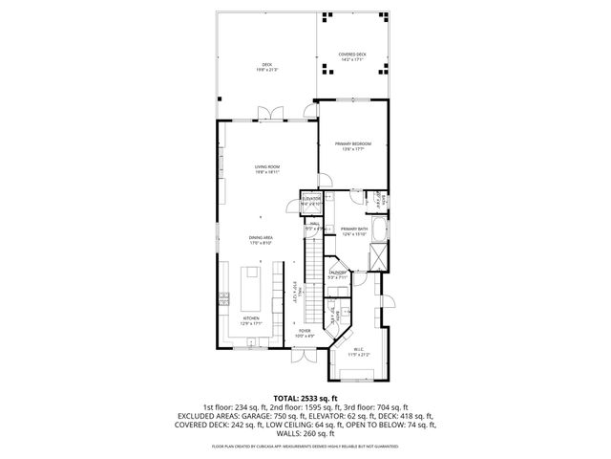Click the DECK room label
point(265,67)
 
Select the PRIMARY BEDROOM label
point(352,145)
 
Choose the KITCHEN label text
point(251,320)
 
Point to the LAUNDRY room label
point(337,274)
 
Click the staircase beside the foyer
point(313,282)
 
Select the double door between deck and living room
point(271,119)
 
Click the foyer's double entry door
point(303,355)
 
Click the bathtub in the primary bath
point(379,230)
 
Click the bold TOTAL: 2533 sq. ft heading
point(305,398)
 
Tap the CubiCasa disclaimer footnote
point(305,447)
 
